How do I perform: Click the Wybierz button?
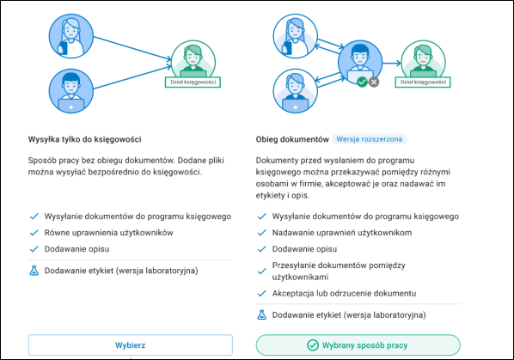130,345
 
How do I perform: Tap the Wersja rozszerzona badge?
370,139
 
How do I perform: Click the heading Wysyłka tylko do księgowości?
84,139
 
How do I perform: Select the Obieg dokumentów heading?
292,139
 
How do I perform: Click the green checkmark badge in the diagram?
362,82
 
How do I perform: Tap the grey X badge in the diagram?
374,82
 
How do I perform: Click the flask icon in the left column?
34,271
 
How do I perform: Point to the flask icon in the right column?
261,314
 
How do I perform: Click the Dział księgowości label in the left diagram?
193,82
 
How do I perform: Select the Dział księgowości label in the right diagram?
423,82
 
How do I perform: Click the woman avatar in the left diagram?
71,36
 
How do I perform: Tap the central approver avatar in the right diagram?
360,62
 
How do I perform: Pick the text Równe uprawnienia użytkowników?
109,233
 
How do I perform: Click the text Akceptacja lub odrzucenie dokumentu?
344,293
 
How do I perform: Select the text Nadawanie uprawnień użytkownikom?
342,233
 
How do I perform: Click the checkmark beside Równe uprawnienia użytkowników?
34,233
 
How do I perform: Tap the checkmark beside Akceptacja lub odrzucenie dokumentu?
261,293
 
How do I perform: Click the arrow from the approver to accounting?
392,64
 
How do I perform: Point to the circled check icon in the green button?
312,345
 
